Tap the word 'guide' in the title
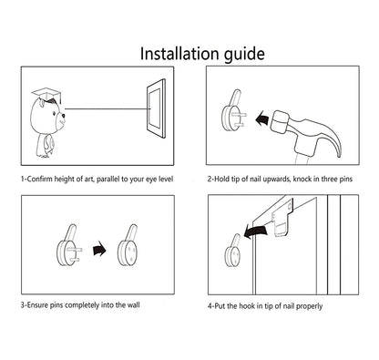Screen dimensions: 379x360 (244, 55)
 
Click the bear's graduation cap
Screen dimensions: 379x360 (46, 95)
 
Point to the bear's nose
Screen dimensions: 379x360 (63, 115)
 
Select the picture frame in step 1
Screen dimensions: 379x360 (157, 108)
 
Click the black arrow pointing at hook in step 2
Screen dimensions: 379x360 (261, 118)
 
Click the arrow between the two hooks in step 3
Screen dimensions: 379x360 (99, 249)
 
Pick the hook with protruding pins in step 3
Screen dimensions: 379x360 (69, 246)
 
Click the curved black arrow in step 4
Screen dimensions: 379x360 (256, 231)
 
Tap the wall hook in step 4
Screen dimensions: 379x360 (233, 251)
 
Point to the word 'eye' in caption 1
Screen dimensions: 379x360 (152, 180)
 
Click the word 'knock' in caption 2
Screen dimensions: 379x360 (302, 179)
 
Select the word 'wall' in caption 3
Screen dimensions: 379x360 (134, 304)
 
